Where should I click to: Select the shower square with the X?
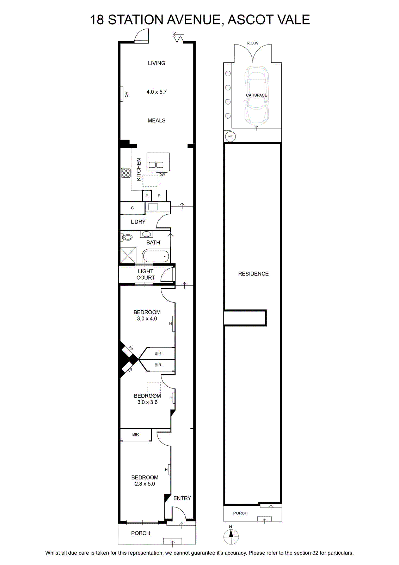click(x=128, y=256)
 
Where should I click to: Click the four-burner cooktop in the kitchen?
click(x=125, y=173)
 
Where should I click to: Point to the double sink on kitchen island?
click(x=156, y=165)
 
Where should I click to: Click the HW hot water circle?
click(x=230, y=136)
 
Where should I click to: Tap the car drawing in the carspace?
click(x=257, y=96)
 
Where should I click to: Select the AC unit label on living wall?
click(x=127, y=94)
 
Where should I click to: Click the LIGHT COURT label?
click(x=146, y=274)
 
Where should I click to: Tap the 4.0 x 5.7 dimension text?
click(x=156, y=92)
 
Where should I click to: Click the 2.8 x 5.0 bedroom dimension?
click(x=145, y=484)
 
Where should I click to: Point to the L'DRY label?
click(x=138, y=222)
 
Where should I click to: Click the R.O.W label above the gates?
click(x=252, y=43)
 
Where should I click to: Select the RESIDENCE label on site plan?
click(x=253, y=274)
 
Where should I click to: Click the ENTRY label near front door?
click(x=182, y=498)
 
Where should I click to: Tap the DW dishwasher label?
click(x=162, y=174)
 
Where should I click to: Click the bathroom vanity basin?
click(x=146, y=234)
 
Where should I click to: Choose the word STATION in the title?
click(x=136, y=20)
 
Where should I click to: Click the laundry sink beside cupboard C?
click(x=153, y=207)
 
